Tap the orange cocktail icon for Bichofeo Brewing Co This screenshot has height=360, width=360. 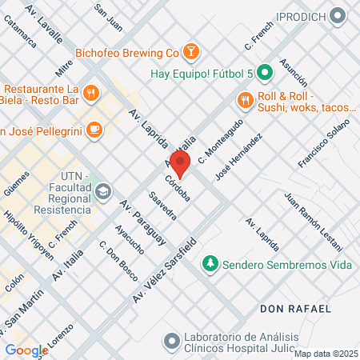[x=190, y=53]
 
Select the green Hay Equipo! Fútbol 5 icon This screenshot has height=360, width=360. [x=266, y=73]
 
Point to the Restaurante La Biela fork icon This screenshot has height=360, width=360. [x=92, y=93]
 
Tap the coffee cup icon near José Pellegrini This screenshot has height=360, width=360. [x=94, y=128]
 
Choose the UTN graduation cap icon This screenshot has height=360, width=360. [x=104, y=192]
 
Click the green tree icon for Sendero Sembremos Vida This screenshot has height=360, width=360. [x=210, y=262]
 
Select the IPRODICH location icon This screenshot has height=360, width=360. [x=342, y=16]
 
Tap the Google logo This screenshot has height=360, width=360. [x=26, y=350]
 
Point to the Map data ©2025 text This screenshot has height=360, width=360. [x=325, y=353]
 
